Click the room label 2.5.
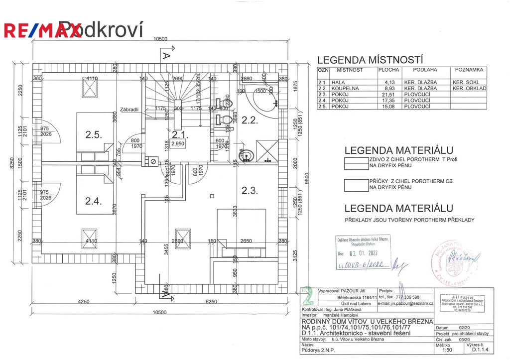tap(94, 135)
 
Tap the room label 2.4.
tap(94, 201)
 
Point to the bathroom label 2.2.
tap(249, 120)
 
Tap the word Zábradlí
tap(128, 110)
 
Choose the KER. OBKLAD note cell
tap(469, 88)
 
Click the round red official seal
tap(450, 259)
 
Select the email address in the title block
tap(406, 303)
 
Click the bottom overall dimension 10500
tap(159, 312)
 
